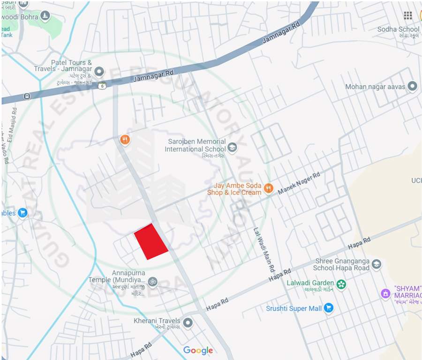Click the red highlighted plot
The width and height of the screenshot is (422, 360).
click(151, 241)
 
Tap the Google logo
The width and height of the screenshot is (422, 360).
click(198, 350)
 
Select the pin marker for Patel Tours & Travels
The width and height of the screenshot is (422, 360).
click(99, 72)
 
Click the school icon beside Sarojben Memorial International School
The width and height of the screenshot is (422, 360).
click(232, 149)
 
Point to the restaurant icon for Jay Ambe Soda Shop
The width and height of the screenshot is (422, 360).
click(268, 188)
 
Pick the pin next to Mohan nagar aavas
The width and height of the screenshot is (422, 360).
click(412, 86)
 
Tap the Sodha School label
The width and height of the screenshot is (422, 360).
click(398, 30)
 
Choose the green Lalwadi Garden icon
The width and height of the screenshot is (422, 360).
click(341, 284)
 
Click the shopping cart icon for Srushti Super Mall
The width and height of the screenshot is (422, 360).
click(329, 308)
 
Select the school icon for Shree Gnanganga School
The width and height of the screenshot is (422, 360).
click(376, 264)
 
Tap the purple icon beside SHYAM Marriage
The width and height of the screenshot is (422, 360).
click(385, 293)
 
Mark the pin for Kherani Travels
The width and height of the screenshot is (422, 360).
click(188, 323)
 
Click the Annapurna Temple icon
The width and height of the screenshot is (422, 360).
click(152, 282)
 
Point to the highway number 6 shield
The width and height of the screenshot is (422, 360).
click(102, 85)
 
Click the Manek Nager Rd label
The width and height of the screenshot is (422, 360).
click(299, 183)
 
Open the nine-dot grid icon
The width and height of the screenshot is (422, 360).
click(408, 15)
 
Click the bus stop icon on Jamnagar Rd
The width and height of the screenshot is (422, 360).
click(27, 97)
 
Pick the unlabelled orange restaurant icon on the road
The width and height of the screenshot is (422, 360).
click(124, 139)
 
